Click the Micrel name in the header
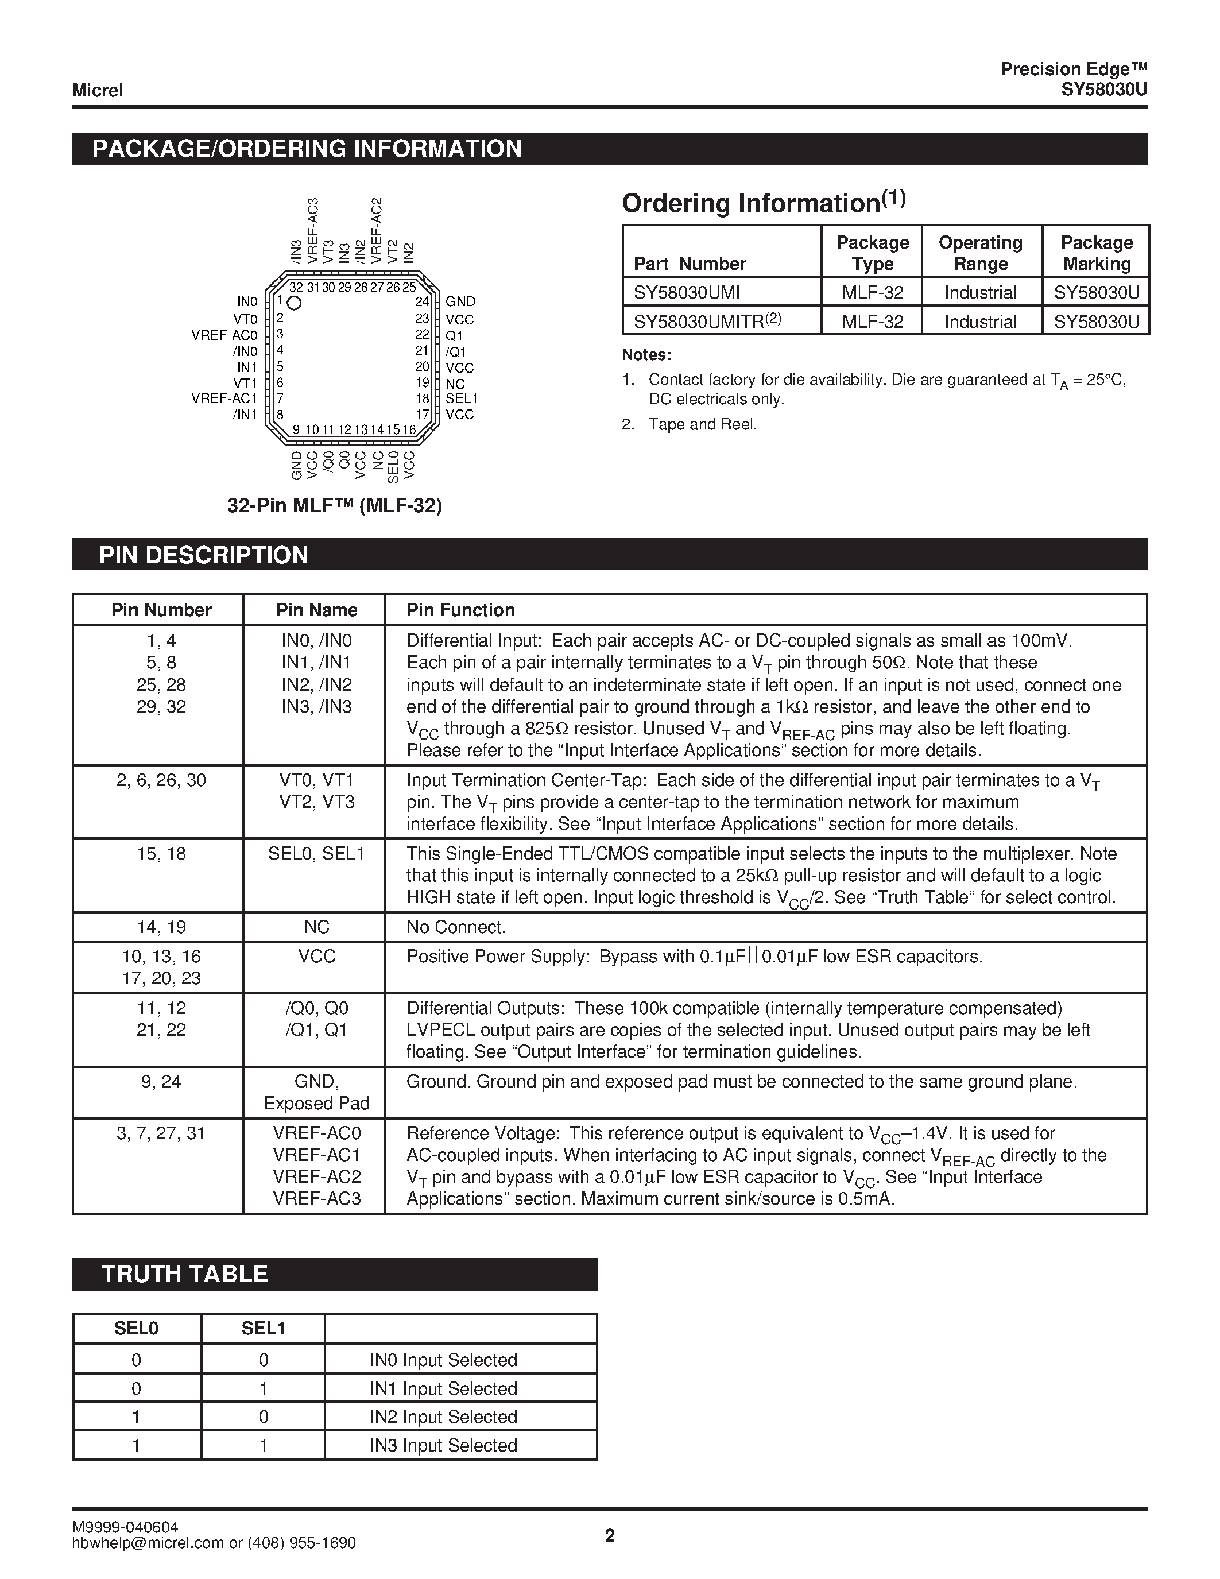pyautogui.click(x=97, y=90)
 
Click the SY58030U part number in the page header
pyautogui.click(x=1103, y=90)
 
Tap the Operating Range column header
pyautogui.click(x=980, y=253)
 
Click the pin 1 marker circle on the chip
pyautogui.click(x=294, y=303)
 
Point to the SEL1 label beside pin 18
pyautogui.click(x=461, y=398)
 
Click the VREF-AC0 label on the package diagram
pyautogui.click(x=224, y=335)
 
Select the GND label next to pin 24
pyautogui.click(x=460, y=301)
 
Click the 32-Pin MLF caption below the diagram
pyautogui.click(x=334, y=505)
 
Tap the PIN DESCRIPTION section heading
pyautogui.click(x=203, y=555)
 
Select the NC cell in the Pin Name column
pyautogui.click(x=316, y=927)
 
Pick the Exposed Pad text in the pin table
pyautogui.click(x=316, y=1103)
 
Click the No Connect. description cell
pyautogui.click(x=455, y=927)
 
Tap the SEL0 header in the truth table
pyautogui.click(x=136, y=1328)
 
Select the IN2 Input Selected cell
pyautogui.click(x=443, y=1417)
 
